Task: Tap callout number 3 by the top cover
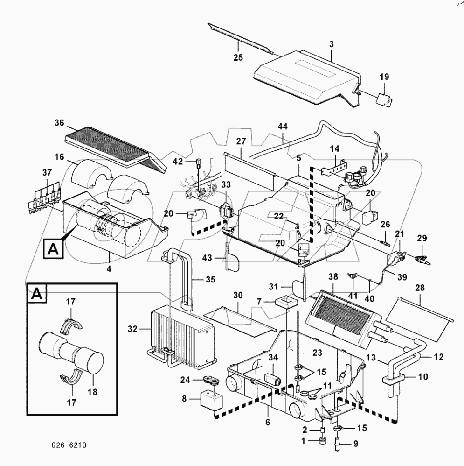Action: point(331,45)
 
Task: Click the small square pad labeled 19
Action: point(383,99)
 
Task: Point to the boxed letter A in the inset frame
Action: point(36,294)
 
